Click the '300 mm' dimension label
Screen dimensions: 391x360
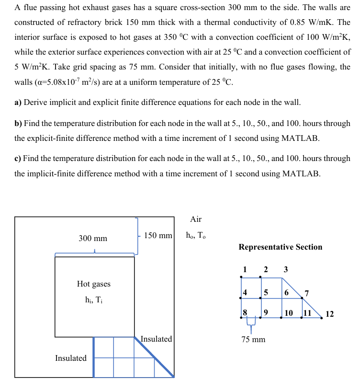(x=93, y=238)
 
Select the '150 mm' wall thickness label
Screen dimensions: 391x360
(x=158, y=236)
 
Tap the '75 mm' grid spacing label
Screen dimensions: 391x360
(x=253, y=340)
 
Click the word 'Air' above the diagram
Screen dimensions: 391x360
(x=196, y=219)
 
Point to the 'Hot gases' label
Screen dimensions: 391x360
(x=93, y=284)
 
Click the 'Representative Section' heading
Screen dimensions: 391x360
(x=280, y=247)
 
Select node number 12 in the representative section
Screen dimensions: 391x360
(x=329, y=314)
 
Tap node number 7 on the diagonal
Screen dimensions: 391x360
(x=306, y=293)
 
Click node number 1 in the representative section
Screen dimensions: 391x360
(x=245, y=269)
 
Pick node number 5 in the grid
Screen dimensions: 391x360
(x=266, y=292)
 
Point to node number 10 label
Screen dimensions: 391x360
(x=289, y=313)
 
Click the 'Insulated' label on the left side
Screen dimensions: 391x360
(x=71, y=358)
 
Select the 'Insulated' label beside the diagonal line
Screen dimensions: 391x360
(x=156, y=339)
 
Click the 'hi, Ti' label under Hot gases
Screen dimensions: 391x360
(x=93, y=300)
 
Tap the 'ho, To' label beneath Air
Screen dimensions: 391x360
(x=196, y=236)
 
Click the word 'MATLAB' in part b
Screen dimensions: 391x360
(x=300, y=138)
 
